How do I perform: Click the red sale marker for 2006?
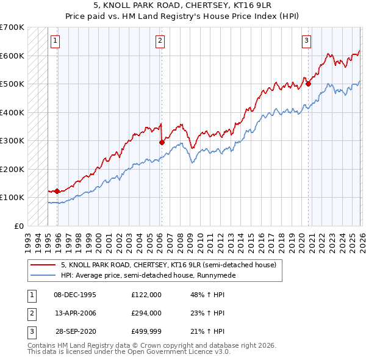(162, 142)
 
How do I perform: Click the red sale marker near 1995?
(57, 191)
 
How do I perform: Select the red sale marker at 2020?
(308, 84)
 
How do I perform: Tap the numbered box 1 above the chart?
(55, 41)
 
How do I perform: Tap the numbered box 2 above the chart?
(160, 41)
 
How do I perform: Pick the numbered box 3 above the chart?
(306, 41)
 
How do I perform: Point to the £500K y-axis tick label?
(12, 84)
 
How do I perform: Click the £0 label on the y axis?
(19, 226)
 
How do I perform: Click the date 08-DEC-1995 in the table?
(75, 294)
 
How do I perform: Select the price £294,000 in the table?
(146, 313)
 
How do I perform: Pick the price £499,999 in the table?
(146, 331)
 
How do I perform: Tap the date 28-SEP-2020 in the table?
(75, 331)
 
